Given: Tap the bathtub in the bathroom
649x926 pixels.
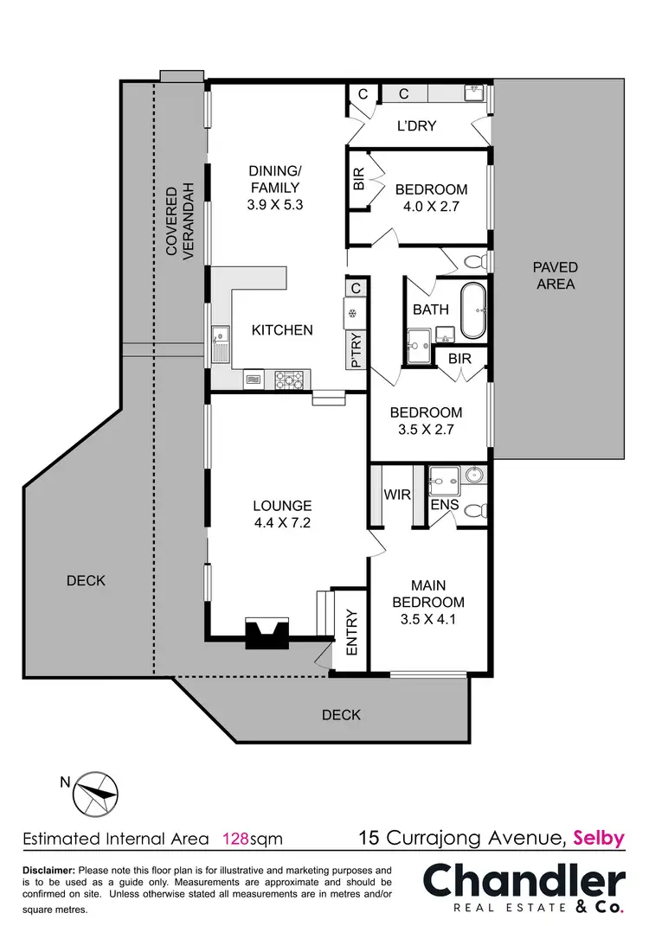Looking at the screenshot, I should pos(473,310).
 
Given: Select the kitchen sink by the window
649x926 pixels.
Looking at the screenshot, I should pos(221,341).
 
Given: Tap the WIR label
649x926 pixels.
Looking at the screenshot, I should pos(397,495).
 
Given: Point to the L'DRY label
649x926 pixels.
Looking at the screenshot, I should pos(416,126).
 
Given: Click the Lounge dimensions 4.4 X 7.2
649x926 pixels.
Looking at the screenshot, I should pos(282,522).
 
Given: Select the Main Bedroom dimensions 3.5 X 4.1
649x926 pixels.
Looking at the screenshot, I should pos(427,619).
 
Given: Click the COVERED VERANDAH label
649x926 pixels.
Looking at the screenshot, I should pos(179,222).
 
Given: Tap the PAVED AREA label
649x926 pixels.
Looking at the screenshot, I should pos(555,276).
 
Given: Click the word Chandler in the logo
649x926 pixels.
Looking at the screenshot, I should pos(524,881).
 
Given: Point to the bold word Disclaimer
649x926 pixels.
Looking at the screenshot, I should pos(48,870).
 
